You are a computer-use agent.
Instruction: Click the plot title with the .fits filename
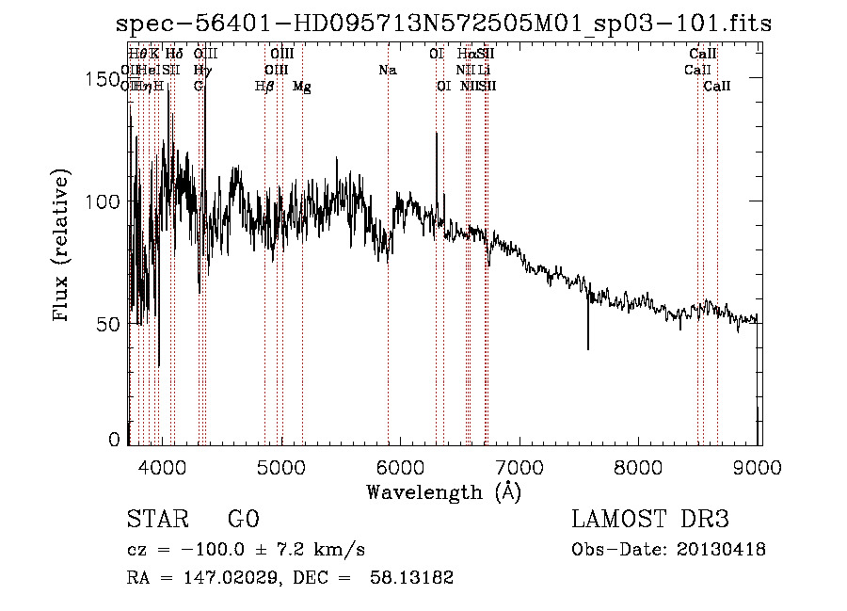click(443, 23)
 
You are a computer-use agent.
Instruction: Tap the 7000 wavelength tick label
click(520, 466)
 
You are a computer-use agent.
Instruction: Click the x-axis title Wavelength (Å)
click(443, 491)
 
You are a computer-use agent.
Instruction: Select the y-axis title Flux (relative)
click(63, 247)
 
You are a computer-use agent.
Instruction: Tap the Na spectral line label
click(388, 71)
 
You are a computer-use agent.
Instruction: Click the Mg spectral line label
click(302, 87)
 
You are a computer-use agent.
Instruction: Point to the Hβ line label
click(265, 87)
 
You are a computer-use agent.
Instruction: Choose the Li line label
click(484, 71)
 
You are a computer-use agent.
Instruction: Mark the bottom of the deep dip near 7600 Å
click(588, 347)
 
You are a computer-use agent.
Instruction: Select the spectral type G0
click(243, 520)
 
